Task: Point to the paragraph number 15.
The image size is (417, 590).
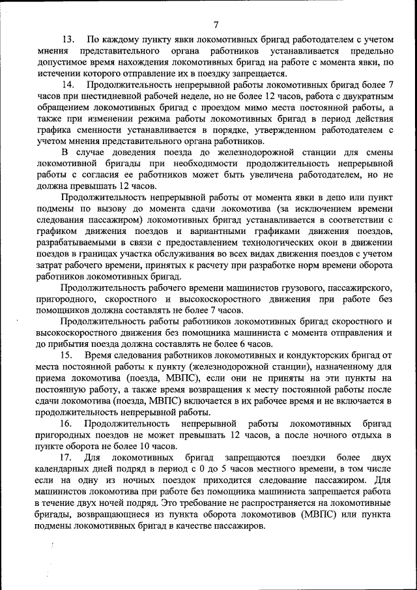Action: coord(68,355)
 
